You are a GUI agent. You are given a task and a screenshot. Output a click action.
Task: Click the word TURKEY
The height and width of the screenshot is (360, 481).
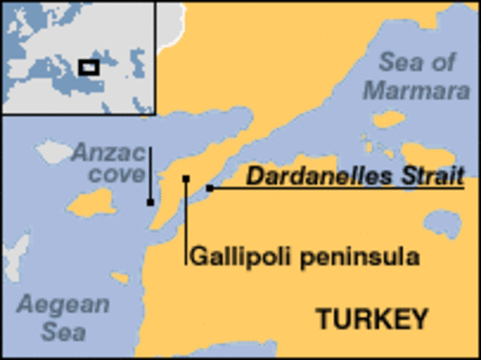(x=371, y=319)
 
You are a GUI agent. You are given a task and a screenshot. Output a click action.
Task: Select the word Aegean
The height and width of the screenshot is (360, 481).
(x=64, y=305)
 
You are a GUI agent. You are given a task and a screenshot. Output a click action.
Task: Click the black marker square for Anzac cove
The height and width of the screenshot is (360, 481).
(x=151, y=202)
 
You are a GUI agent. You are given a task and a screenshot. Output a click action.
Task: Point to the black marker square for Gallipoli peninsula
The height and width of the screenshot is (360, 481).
(x=186, y=179)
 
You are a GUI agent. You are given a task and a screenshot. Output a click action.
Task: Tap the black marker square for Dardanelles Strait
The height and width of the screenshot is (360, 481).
(x=210, y=188)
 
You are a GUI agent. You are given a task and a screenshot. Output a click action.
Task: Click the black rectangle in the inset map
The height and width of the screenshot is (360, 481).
(x=89, y=67)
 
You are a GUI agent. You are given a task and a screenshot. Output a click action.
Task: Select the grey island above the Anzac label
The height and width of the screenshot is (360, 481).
(x=53, y=151)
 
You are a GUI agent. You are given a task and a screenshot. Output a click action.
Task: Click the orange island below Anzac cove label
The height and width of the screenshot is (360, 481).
(x=93, y=203)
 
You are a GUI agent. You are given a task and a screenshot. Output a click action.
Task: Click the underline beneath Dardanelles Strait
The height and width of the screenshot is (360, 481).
(x=338, y=188)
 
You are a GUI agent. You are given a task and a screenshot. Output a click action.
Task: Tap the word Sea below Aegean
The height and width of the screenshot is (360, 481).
(x=63, y=331)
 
